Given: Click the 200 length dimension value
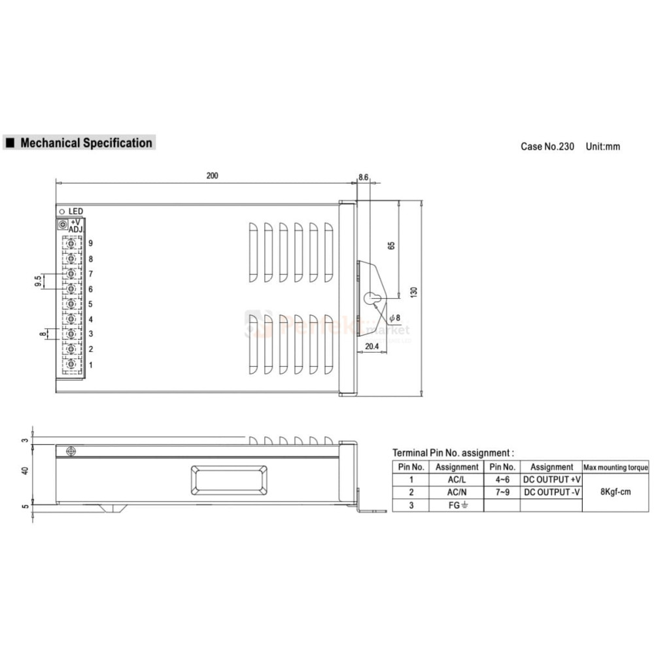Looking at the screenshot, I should coord(212,175).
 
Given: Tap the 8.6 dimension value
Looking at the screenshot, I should coord(364,177).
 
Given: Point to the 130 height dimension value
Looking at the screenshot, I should coord(413,292).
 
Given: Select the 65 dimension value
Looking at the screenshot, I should coord(391,246).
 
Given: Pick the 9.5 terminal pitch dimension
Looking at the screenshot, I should coord(38,281).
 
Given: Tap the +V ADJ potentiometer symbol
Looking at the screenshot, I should coord(63,225).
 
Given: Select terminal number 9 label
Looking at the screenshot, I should coord(90,243).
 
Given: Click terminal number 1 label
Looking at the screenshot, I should coord(90,365).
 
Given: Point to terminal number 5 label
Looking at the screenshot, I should coord(90,304).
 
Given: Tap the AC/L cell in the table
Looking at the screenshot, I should coord(456,479).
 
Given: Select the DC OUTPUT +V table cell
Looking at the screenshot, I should coord(551,479).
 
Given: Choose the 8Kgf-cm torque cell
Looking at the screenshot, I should coord(615,492).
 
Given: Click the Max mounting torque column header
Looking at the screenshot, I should coord(615,467).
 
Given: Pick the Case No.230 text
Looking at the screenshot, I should coord(547,146).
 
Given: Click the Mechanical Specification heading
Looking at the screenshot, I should coord(86,143).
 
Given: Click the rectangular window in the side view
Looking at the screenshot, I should coord(229,480).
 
